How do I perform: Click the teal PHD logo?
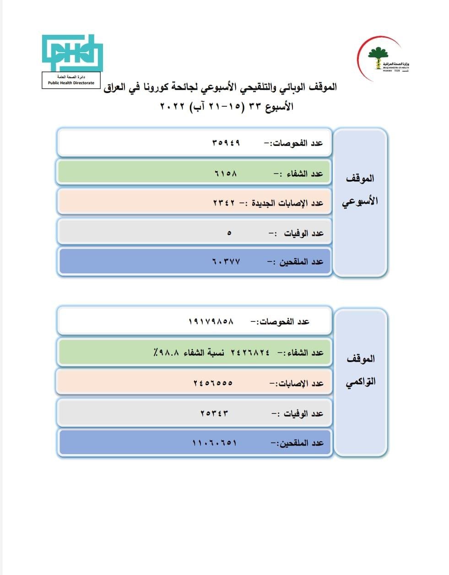coord(72,53)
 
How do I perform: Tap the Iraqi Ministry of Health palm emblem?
coord(378,57)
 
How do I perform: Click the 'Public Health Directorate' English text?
coord(71,83)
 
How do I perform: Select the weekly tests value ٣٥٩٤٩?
coord(226,143)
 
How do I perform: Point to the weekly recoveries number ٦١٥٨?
coord(226,174)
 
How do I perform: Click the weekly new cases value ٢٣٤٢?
coord(224,203)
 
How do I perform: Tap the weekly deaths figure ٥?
coord(229,233)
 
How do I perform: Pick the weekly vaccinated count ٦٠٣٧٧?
coord(226,261)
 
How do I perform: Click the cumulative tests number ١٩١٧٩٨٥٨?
coord(211,321)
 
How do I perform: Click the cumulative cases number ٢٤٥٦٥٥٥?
coord(213,383)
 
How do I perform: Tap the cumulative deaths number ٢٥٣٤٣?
coord(214,413)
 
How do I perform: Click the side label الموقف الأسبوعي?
coord(360,190)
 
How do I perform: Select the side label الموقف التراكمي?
coord(360,370)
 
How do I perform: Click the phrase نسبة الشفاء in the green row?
coord(204,353)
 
